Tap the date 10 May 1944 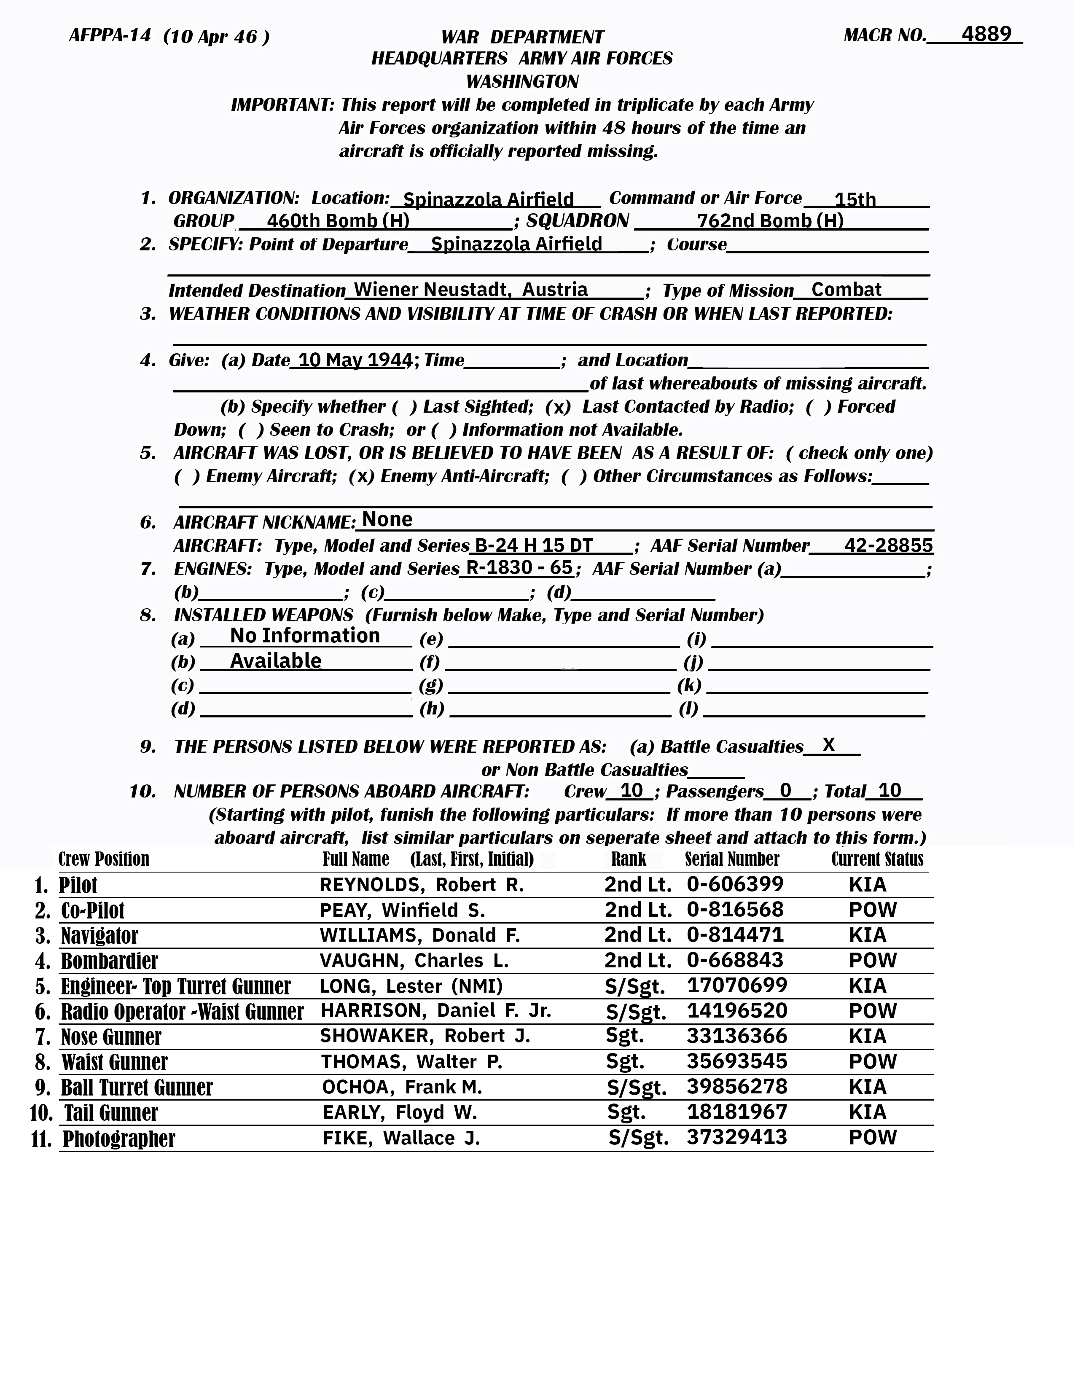354,360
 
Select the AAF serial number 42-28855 888,545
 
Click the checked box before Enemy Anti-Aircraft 361,476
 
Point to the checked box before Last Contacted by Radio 558,407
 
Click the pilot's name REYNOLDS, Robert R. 422,885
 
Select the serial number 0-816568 735,910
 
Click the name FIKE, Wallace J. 401,1138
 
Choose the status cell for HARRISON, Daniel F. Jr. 873,1011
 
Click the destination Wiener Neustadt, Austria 470,290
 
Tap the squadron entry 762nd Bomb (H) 770,220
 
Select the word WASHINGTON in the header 522,81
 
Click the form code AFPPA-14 110,36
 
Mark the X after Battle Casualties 828,744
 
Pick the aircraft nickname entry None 387,520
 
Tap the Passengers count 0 785,790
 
